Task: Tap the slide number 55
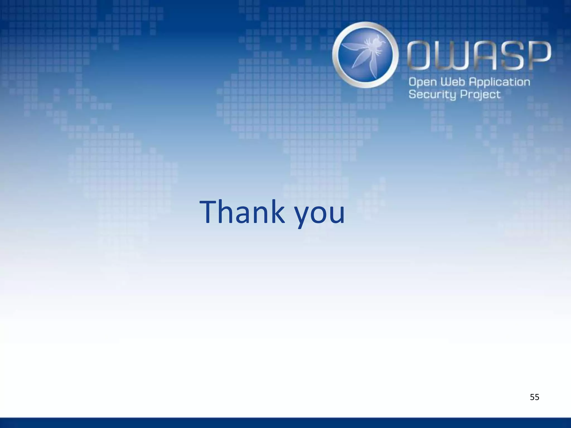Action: pos(534,397)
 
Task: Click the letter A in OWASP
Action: pos(487,55)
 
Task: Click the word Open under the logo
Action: pos(423,82)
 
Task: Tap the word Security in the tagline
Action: pos(432,95)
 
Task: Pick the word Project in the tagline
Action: pos(480,95)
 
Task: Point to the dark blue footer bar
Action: pos(285,423)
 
